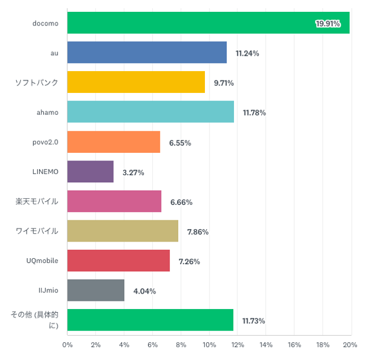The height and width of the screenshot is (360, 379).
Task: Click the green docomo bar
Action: click(208, 23)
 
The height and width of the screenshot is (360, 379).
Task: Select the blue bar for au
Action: click(147, 53)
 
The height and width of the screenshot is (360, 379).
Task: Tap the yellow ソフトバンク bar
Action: click(136, 82)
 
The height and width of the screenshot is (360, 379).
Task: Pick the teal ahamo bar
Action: click(150, 112)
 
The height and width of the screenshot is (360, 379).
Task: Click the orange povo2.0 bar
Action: click(114, 142)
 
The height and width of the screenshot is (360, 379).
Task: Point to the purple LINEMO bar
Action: click(90, 172)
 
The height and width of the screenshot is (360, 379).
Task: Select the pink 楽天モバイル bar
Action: click(114, 201)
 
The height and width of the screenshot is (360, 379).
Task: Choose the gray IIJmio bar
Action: click(96, 291)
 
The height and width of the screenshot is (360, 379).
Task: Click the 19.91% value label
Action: click(327, 24)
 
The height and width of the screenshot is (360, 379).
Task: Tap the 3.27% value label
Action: click(133, 172)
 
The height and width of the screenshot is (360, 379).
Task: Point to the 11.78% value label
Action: click(254, 112)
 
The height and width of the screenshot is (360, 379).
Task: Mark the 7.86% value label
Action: click(198, 232)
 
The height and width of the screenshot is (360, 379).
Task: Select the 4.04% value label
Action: click(144, 291)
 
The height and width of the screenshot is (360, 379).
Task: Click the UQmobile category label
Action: click(43, 261)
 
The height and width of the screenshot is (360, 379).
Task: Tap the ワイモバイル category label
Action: click(37, 231)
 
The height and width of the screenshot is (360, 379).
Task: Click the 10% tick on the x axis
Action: click(209, 345)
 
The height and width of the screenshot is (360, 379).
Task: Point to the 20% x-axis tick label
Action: click(351, 345)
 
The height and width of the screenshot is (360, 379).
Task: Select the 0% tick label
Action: click(68, 345)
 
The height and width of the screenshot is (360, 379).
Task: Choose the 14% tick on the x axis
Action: click(265, 345)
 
